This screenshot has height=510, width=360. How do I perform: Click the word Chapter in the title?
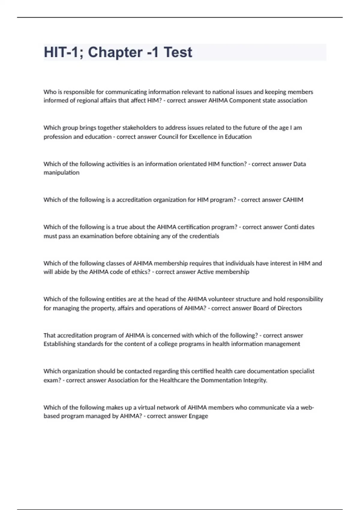115,52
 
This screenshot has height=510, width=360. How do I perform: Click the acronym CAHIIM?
293,200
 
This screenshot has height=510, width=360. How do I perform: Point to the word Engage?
198,416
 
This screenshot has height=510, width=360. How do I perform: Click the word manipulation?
61,172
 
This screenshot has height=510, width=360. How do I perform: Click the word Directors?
289,308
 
